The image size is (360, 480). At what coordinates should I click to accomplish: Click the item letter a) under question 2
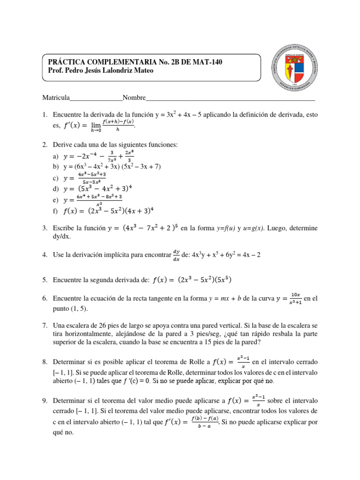(x=56, y=156)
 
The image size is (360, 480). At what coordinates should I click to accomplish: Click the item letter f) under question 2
(x=56, y=211)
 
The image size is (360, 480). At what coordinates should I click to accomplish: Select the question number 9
(x=45, y=401)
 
